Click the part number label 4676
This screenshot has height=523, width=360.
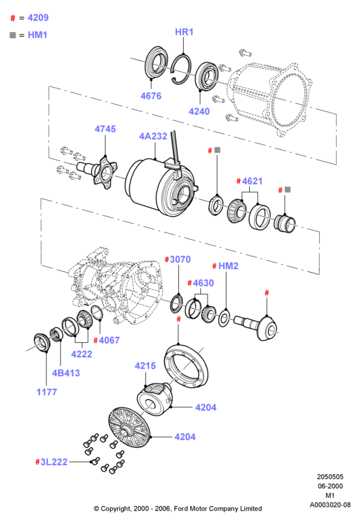click(x=151, y=96)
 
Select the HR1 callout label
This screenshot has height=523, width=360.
click(x=184, y=32)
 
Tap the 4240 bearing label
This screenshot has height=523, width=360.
click(x=199, y=112)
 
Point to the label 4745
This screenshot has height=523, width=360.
click(x=105, y=129)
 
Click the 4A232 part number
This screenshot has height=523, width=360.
click(x=153, y=136)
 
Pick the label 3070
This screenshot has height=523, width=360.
click(x=180, y=260)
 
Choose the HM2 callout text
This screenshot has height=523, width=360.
click(x=228, y=266)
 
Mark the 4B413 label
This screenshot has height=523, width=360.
click(x=66, y=373)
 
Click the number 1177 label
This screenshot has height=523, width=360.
click(x=47, y=392)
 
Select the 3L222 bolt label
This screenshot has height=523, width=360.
click(x=54, y=462)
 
